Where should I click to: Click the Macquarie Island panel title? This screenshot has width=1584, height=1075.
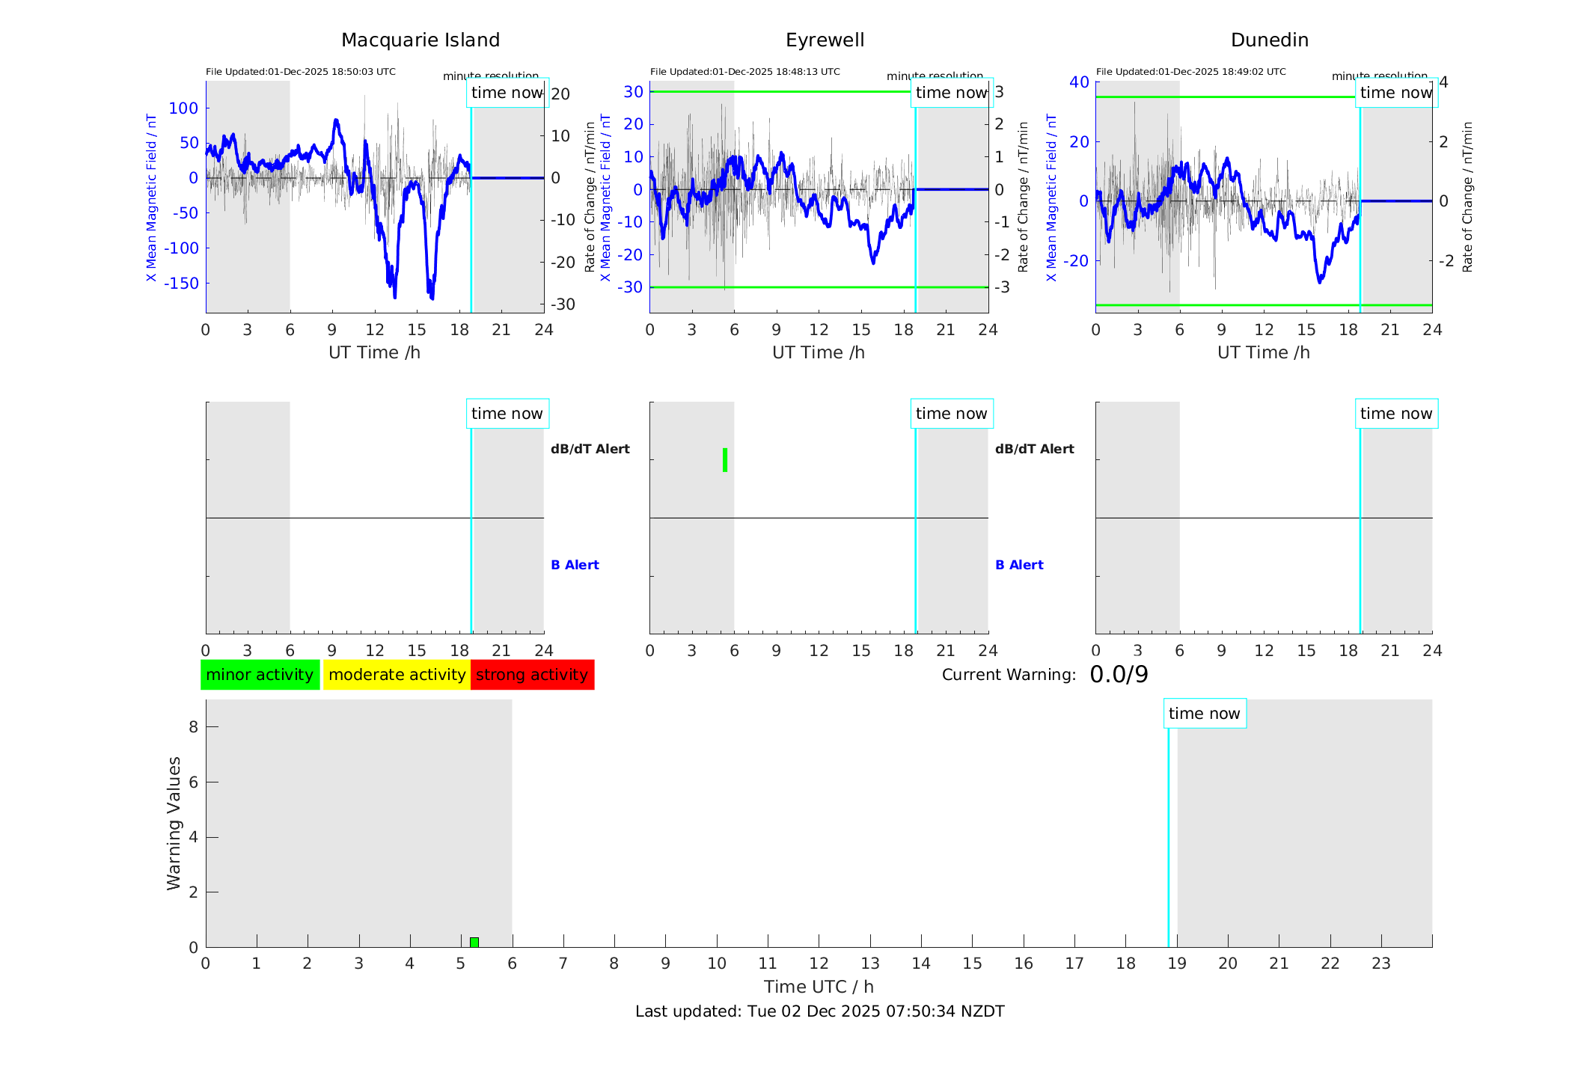[420, 40]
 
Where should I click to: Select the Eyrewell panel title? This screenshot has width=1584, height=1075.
[825, 40]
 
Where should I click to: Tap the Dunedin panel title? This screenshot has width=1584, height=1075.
[1269, 40]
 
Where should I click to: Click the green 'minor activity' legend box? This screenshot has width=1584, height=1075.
[260, 675]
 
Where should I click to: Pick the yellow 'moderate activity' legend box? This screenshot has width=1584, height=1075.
[397, 675]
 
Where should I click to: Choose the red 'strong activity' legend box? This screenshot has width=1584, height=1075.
[532, 675]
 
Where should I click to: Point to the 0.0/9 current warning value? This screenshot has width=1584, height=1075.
[1119, 675]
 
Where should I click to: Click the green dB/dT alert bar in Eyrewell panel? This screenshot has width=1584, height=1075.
[725, 460]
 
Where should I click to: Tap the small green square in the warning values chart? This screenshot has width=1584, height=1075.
[474, 942]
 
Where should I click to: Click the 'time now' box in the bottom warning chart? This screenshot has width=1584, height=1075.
[1204, 714]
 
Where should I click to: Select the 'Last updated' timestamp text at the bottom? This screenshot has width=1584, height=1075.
[819, 1011]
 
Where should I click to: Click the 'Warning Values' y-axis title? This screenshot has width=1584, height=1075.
[174, 823]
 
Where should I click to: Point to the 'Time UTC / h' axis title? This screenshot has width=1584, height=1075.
[819, 987]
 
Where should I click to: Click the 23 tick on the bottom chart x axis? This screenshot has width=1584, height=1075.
[1381, 964]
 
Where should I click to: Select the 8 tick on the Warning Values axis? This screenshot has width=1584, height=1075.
[194, 726]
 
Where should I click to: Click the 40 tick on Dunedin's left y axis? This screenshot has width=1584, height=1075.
[1079, 82]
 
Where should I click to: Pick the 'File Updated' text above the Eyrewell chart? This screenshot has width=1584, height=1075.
[744, 72]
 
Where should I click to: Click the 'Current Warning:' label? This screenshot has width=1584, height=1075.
[1009, 675]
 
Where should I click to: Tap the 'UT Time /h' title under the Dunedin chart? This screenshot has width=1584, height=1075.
[1263, 352]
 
